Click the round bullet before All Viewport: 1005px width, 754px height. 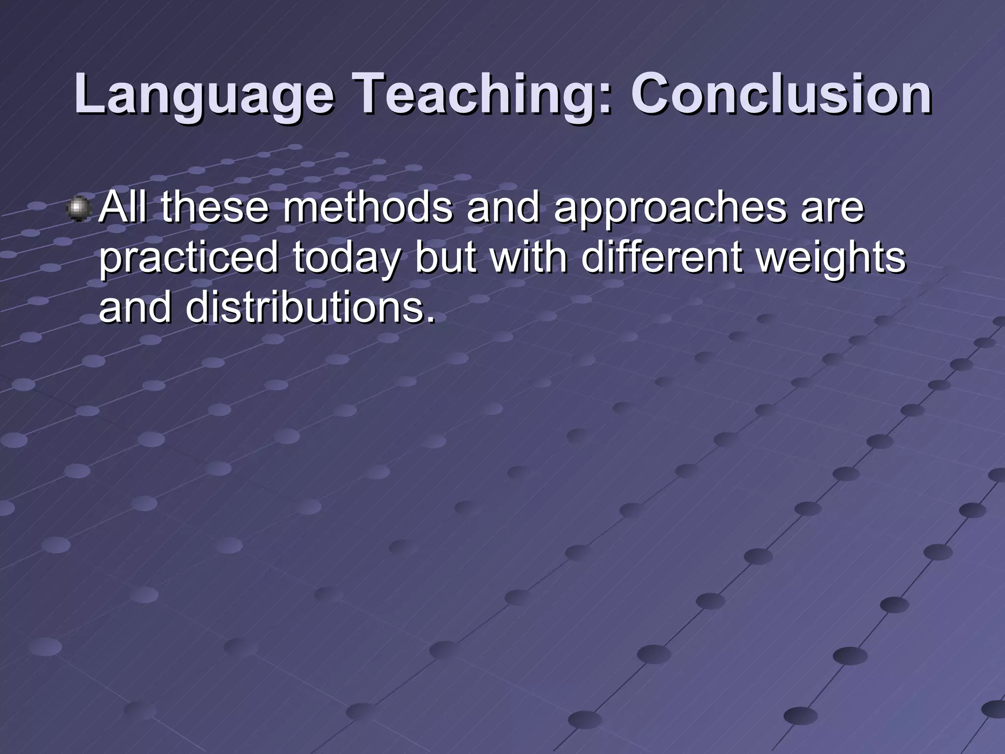[79, 209]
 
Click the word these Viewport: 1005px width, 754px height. [214, 208]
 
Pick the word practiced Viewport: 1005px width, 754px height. [189, 259]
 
